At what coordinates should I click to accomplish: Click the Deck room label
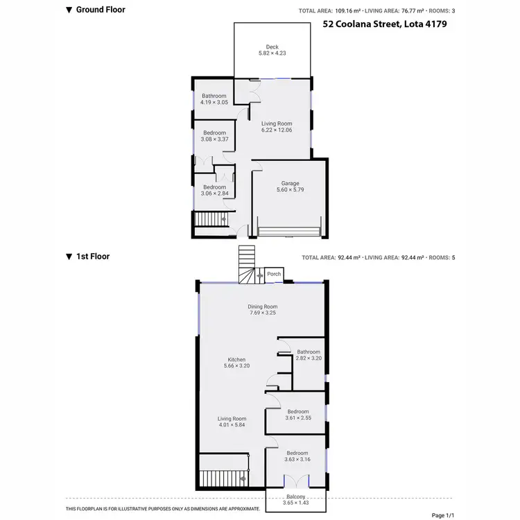click(x=272, y=47)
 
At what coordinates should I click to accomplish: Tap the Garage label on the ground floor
click(x=290, y=184)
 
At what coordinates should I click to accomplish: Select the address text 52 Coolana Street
click(x=385, y=24)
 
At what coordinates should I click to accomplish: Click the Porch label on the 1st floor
click(x=274, y=274)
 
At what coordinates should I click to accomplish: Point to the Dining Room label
click(x=263, y=306)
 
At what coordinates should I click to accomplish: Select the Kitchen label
click(x=236, y=359)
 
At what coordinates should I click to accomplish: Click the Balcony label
click(x=295, y=497)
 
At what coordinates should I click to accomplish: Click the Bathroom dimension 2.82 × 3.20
click(x=309, y=358)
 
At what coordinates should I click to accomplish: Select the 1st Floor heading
click(x=93, y=256)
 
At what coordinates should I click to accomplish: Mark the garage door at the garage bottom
click(x=288, y=232)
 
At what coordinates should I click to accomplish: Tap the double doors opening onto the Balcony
click(x=296, y=480)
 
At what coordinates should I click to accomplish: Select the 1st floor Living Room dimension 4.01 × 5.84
click(x=232, y=425)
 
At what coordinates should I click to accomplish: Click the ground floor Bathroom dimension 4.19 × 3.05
click(x=214, y=102)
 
